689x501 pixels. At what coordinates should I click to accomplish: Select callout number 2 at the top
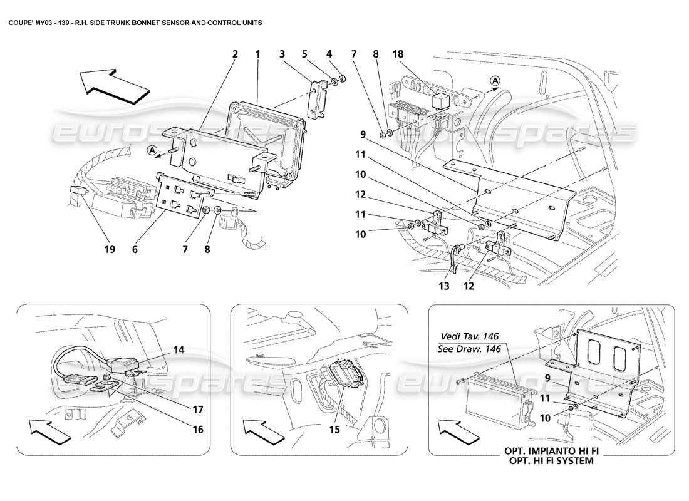(235, 54)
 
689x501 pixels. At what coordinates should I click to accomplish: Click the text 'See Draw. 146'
(469, 349)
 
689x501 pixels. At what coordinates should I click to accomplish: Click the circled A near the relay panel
(495, 80)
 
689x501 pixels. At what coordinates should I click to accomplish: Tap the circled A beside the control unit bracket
(153, 150)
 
